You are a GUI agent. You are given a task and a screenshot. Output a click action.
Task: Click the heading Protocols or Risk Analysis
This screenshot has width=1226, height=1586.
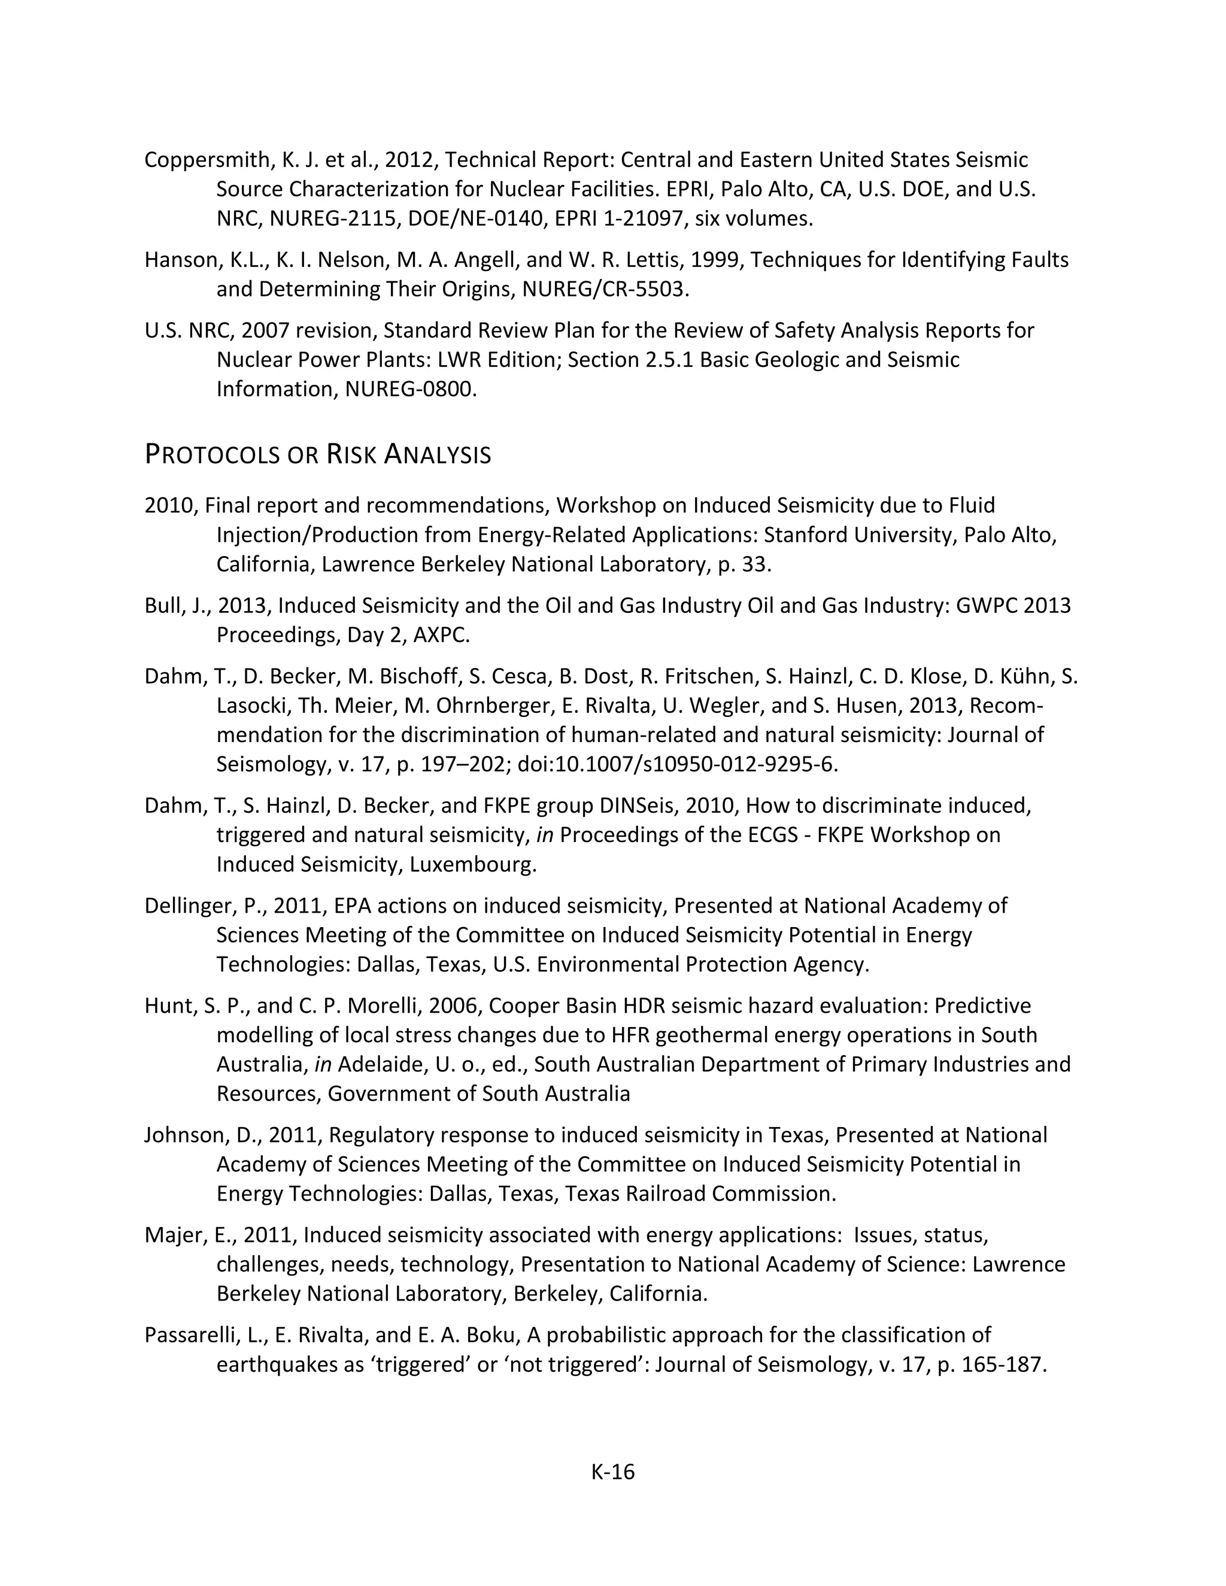point(317,455)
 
